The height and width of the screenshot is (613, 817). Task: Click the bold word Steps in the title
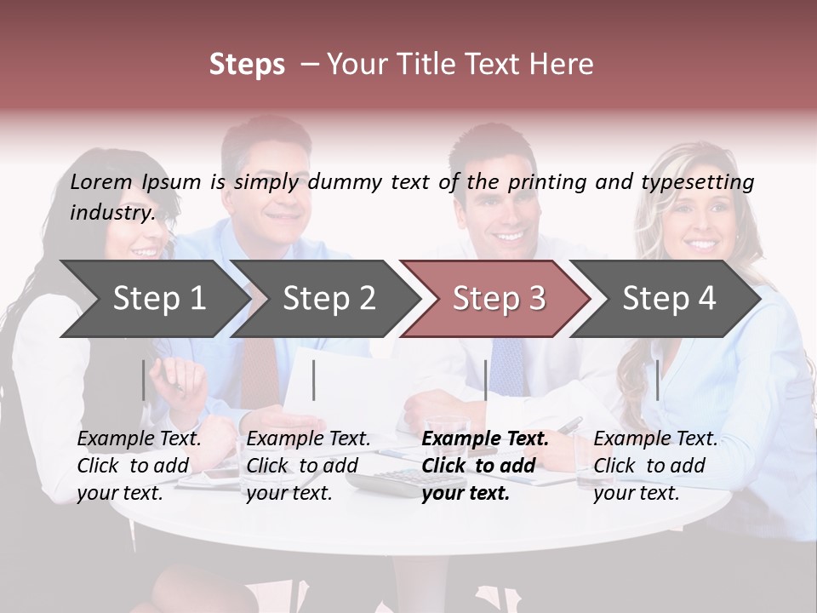click(247, 65)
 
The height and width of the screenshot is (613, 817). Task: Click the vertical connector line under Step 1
click(144, 380)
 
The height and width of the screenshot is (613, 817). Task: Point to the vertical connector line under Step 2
click(314, 380)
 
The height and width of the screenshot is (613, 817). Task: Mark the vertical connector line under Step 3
click(486, 380)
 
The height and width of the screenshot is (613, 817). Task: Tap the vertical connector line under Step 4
click(658, 380)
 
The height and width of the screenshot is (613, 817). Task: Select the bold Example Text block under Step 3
click(485, 466)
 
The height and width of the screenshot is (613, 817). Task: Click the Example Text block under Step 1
click(139, 466)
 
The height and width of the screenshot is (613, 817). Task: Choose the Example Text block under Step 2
click(308, 466)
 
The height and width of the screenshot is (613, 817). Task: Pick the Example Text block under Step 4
click(655, 466)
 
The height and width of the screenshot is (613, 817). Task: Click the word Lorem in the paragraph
click(101, 181)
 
